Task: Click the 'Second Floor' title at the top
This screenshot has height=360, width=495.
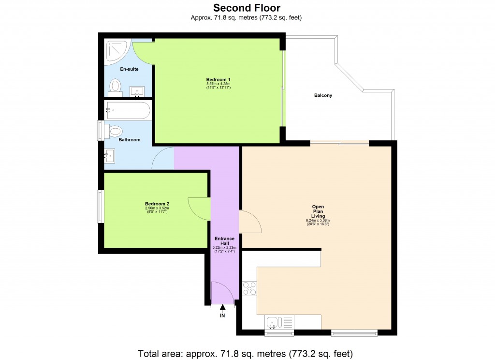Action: (x=247, y=8)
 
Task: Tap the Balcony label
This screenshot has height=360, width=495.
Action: (x=323, y=95)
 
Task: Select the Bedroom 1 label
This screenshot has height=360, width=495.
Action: (x=218, y=79)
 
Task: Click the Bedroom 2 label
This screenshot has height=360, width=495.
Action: (x=157, y=204)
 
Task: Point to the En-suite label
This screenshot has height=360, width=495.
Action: (x=129, y=69)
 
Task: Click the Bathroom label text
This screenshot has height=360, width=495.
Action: (x=130, y=140)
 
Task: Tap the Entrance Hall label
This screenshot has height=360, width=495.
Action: (x=224, y=241)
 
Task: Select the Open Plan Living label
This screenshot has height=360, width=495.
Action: (x=318, y=211)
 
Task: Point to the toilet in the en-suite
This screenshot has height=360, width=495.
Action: (x=116, y=87)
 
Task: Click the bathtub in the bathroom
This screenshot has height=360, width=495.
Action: (x=128, y=110)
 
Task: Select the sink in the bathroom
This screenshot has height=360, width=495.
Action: (x=110, y=155)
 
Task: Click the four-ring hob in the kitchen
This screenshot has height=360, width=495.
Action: (x=249, y=288)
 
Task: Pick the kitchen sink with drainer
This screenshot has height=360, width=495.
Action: (x=279, y=322)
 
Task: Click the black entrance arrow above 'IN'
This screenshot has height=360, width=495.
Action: (x=223, y=307)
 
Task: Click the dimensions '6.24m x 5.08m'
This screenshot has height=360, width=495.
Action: (x=318, y=221)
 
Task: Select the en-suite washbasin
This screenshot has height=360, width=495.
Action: (x=137, y=91)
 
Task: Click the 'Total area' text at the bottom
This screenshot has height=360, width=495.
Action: (x=247, y=352)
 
